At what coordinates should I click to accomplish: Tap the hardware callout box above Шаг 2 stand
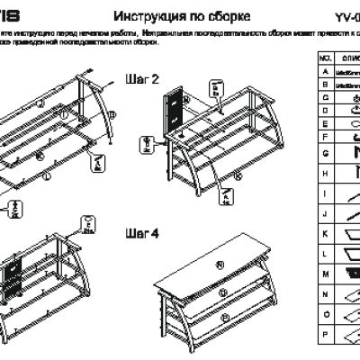[216, 88]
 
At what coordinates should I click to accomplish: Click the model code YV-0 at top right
[346, 17]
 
